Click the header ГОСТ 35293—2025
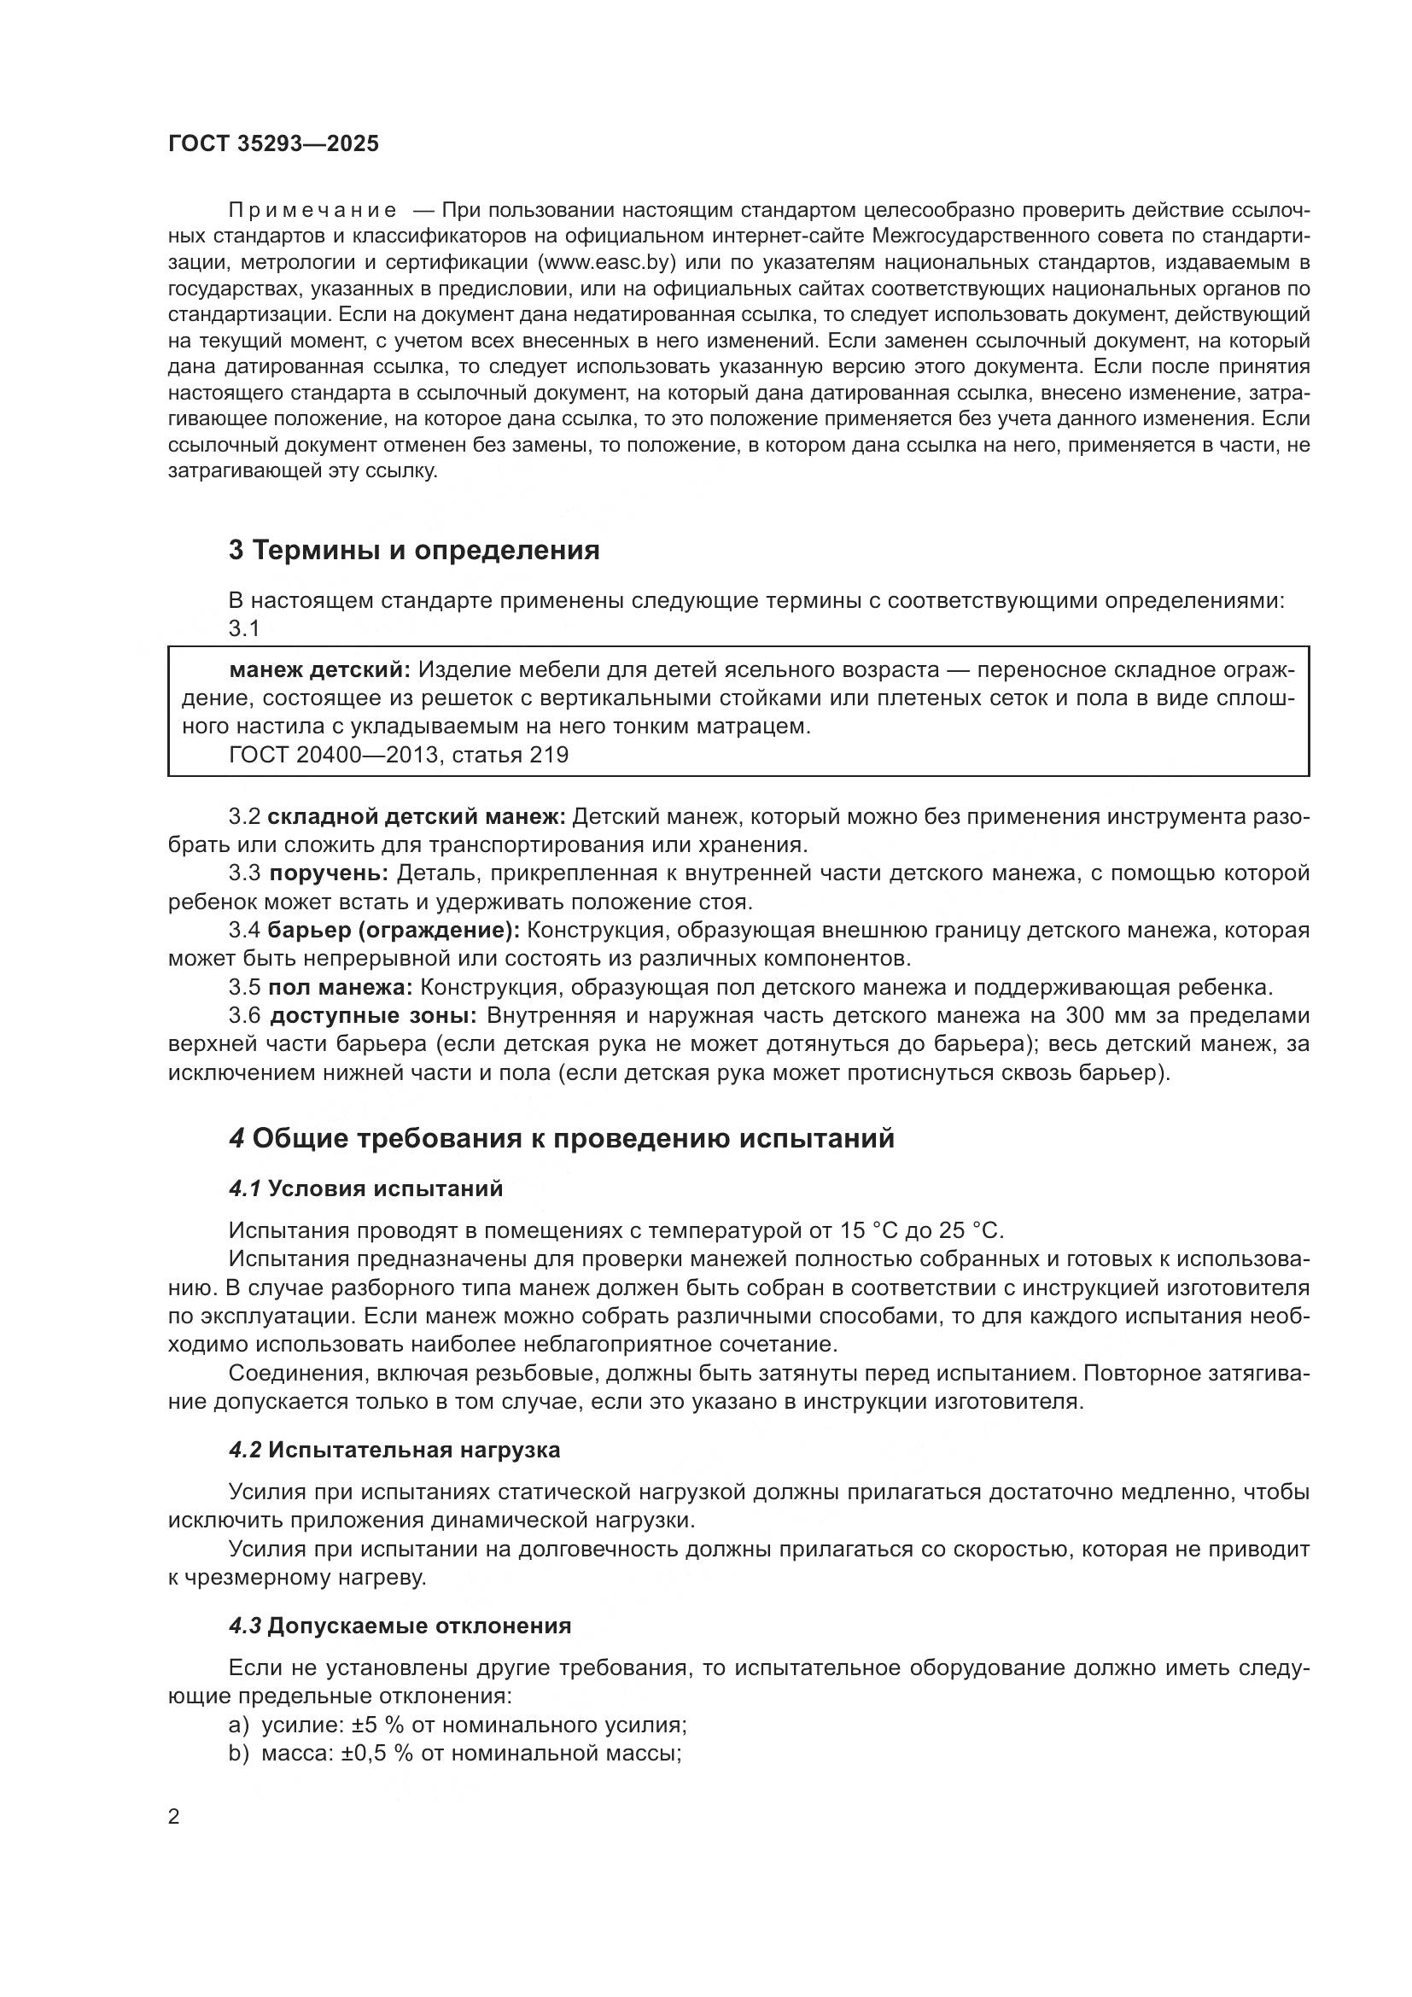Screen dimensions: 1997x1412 click(274, 144)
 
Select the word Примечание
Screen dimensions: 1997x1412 click(313, 210)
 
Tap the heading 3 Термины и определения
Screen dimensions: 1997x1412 click(414, 551)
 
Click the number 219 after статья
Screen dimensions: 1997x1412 click(549, 755)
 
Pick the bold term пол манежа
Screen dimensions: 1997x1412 click(341, 987)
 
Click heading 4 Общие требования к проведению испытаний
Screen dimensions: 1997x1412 click(562, 1139)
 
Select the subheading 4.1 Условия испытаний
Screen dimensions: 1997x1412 click(366, 1189)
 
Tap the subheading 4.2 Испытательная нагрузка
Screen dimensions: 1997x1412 click(394, 1450)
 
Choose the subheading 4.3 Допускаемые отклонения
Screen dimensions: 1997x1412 click(400, 1626)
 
